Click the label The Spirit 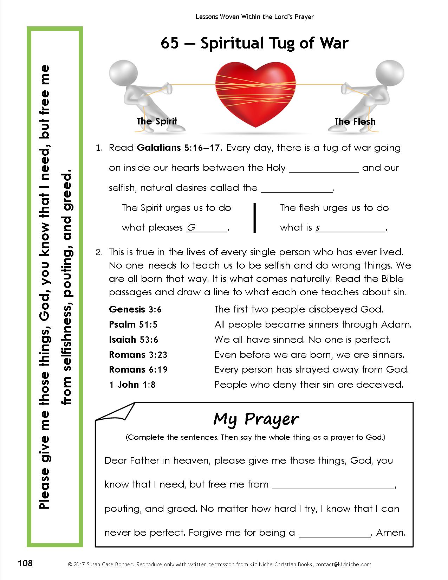[157, 121]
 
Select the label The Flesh [355, 122]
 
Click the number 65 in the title [168, 43]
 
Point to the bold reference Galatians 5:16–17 [180, 148]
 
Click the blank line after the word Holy [324, 169]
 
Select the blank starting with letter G [207, 228]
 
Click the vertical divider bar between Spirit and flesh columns [254, 218]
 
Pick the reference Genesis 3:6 [135, 309]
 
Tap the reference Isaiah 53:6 [134, 340]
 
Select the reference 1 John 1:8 [132, 385]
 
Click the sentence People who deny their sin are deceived [309, 385]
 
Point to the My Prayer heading [256, 419]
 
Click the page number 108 [25, 563]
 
